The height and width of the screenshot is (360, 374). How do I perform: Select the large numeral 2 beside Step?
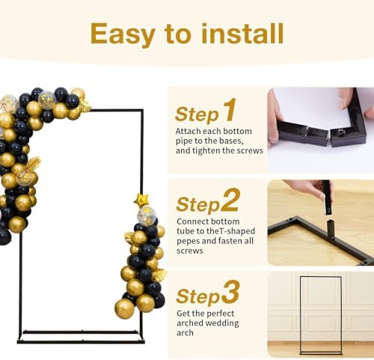[x=230, y=200]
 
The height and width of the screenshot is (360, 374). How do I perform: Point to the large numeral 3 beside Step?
[x=230, y=292]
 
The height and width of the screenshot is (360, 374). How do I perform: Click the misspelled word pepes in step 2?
[x=188, y=241]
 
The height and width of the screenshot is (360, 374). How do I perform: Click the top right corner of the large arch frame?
[x=143, y=110]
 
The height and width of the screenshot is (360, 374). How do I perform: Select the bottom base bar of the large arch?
[x=81, y=341]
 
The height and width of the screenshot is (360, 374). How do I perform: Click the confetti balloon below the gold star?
[x=147, y=216]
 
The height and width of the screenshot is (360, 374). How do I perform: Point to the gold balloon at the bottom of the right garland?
[x=124, y=308]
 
